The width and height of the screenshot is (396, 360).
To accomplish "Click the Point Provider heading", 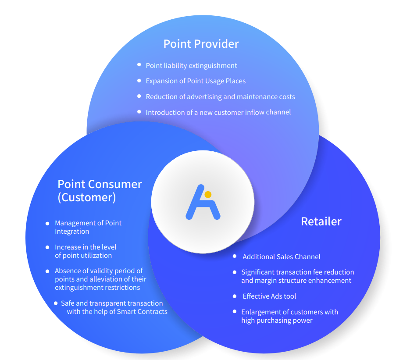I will click(x=201, y=44).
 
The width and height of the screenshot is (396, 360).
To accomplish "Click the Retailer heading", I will click(x=321, y=221).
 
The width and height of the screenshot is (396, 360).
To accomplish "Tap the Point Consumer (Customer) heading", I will click(x=100, y=190).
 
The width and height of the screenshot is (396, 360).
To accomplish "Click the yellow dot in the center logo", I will click(x=208, y=194).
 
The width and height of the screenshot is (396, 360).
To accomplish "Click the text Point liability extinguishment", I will click(x=191, y=65).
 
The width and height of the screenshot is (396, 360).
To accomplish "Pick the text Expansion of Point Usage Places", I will click(x=196, y=81).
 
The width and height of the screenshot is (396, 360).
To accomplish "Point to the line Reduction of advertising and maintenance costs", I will click(x=220, y=96).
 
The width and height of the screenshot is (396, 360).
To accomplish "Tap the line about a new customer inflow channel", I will click(x=218, y=112).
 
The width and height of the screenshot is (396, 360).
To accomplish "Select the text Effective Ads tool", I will click(x=269, y=296).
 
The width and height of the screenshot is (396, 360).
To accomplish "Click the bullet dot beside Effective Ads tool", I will click(x=235, y=296).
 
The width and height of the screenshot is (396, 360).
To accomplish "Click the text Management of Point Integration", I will click(x=88, y=227).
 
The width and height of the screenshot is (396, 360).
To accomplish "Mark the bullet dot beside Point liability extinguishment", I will click(x=139, y=65).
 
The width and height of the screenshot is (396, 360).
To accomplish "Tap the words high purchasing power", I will click(x=277, y=320).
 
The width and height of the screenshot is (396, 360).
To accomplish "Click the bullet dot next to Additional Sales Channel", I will click(x=235, y=256).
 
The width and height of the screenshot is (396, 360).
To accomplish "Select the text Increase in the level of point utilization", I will click(x=86, y=251).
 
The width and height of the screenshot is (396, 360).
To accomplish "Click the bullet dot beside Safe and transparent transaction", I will click(x=56, y=303).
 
